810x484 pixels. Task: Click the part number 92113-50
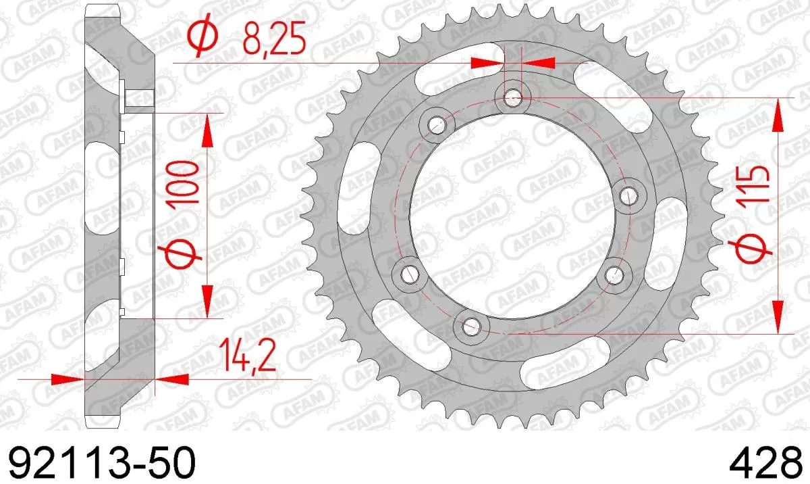tap(101, 463)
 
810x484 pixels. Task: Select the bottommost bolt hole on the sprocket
tap(471, 327)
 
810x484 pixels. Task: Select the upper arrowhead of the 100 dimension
tap(207, 128)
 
